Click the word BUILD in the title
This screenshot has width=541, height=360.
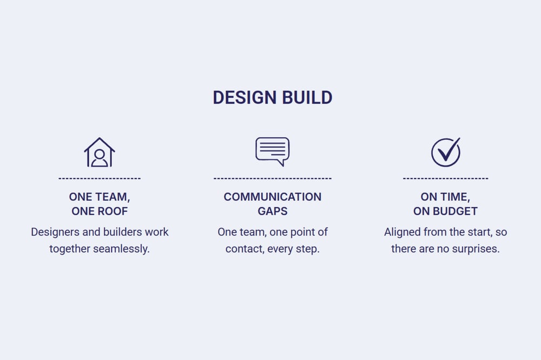pos(307,98)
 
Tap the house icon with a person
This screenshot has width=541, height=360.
pos(100,152)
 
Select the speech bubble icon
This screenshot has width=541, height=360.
pos(273,151)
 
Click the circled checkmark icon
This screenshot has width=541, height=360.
pos(446,152)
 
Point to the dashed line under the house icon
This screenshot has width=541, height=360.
pos(100,178)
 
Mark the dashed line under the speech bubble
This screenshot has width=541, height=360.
pos(273,178)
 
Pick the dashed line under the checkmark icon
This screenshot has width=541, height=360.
pos(446,178)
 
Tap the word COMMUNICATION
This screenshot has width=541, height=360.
pos(273,197)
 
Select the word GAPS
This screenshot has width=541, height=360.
pos(273,211)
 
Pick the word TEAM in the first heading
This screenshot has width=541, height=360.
pos(113,197)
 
